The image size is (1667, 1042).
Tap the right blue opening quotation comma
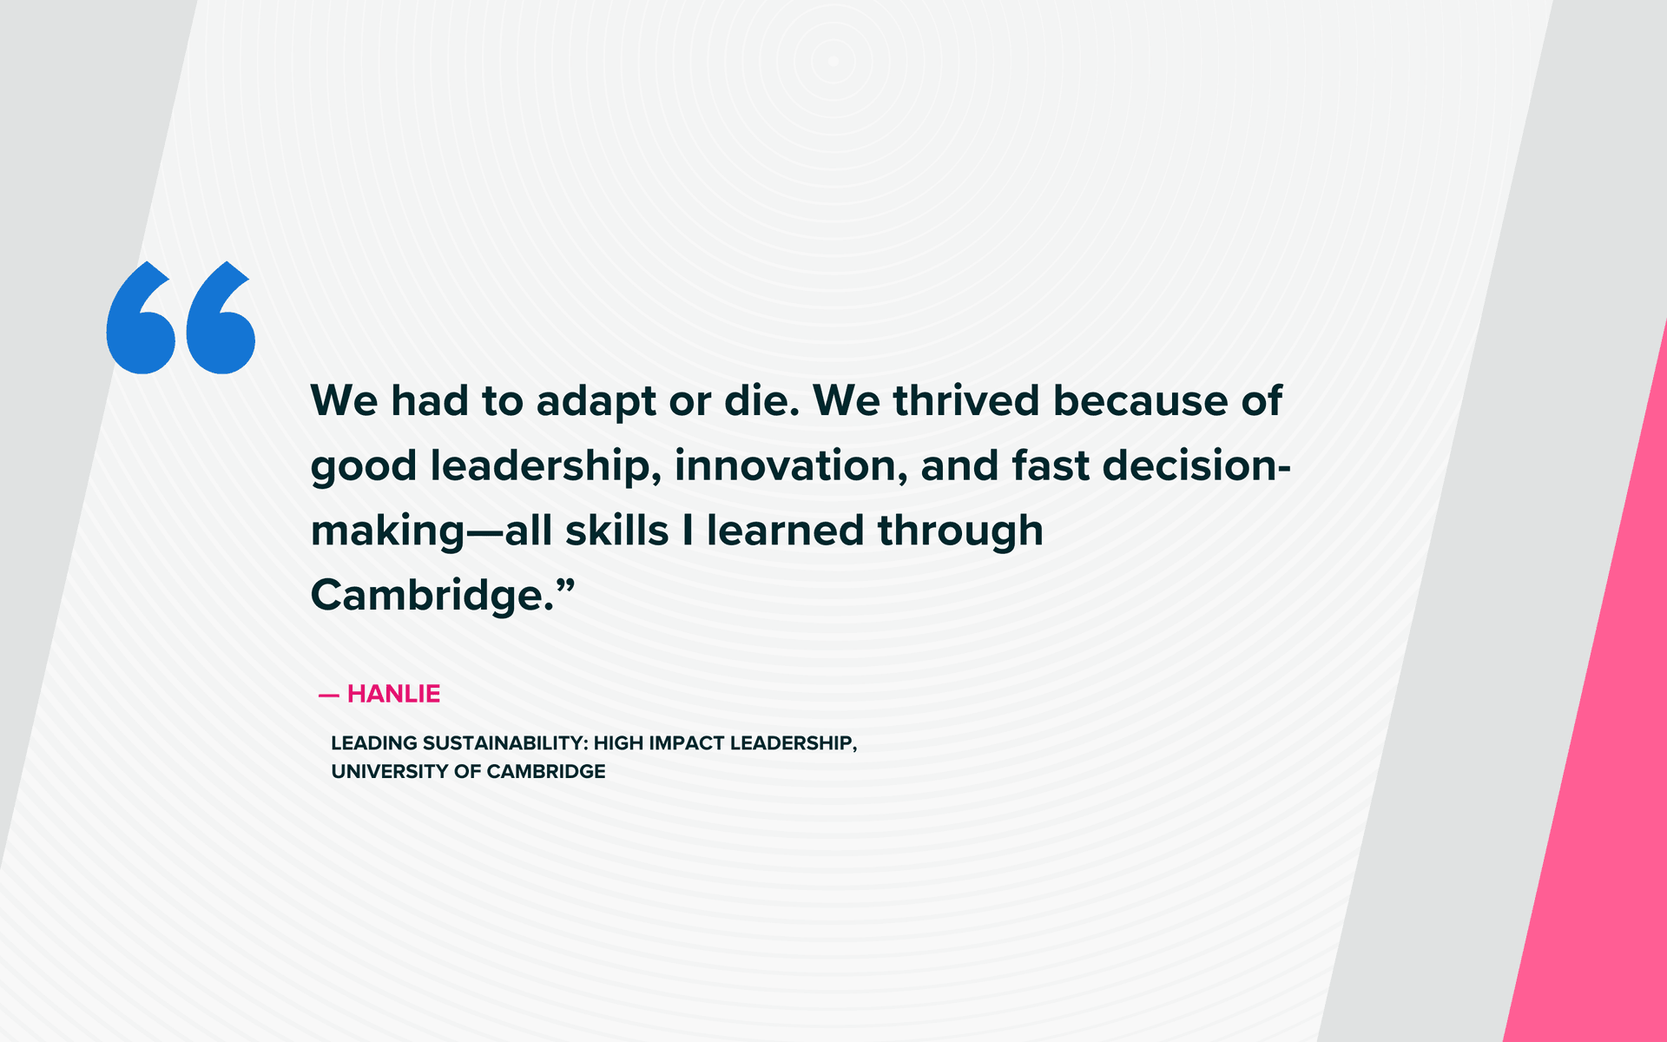(x=220, y=325)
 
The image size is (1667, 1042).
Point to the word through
(x=960, y=531)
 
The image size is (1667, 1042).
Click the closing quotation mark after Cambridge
(x=565, y=588)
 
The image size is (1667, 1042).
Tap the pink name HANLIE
(x=393, y=694)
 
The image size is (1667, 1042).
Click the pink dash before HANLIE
(x=328, y=695)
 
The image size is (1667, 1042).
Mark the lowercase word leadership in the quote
(x=541, y=467)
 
